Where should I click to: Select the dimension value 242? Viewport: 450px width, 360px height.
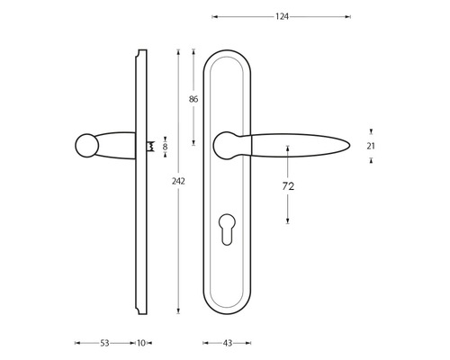pyautogui.click(x=178, y=181)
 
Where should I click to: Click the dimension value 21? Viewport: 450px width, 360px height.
pyautogui.click(x=372, y=146)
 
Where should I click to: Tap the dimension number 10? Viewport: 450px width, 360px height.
pyautogui.click(x=141, y=343)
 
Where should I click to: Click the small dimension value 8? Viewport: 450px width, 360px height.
pyautogui.click(x=165, y=145)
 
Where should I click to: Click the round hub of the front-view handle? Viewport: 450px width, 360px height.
pyautogui.click(x=227, y=142)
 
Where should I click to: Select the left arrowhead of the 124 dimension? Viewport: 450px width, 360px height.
pyautogui.click(x=214, y=15)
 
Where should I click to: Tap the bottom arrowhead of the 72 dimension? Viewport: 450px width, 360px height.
pyautogui.click(x=289, y=221)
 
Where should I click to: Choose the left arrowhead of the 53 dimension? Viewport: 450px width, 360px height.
pyautogui.click(x=76, y=343)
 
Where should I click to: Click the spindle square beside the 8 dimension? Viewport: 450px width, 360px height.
pyautogui.click(x=150, y=145)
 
